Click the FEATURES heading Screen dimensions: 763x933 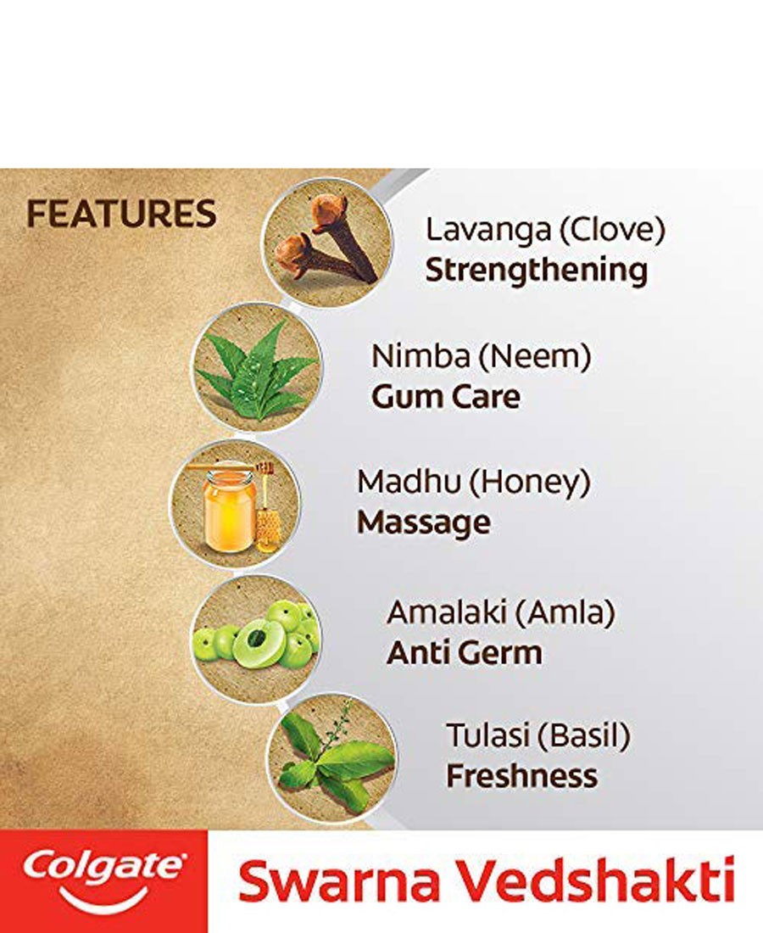point(121,215)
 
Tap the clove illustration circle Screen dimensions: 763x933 point(328,243)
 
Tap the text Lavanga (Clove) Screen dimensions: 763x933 point(545,229)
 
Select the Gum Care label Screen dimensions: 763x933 point(445,397)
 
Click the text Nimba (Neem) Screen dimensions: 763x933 point(481,356)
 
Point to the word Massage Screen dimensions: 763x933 point(423,522)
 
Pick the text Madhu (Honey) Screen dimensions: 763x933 point(473,482)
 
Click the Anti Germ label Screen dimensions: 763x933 point(464,653)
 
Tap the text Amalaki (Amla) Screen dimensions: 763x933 point(501,613)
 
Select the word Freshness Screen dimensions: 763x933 point(522,776)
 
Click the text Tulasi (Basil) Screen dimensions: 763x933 point(538,735)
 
